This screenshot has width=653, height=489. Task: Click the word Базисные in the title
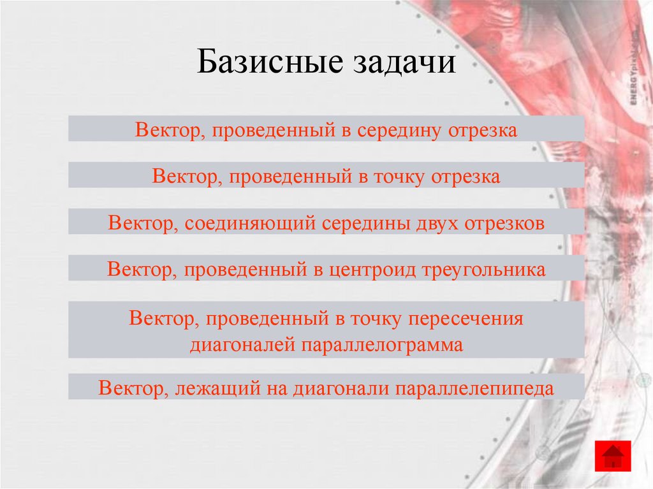point(267,64)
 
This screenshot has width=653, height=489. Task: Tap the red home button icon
point(613,456)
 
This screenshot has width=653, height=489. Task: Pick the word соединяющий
point(251,224)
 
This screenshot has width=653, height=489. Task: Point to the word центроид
point(372,270)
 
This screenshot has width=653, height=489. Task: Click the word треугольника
point(484,270)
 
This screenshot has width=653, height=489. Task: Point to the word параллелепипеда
point(475,388)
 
